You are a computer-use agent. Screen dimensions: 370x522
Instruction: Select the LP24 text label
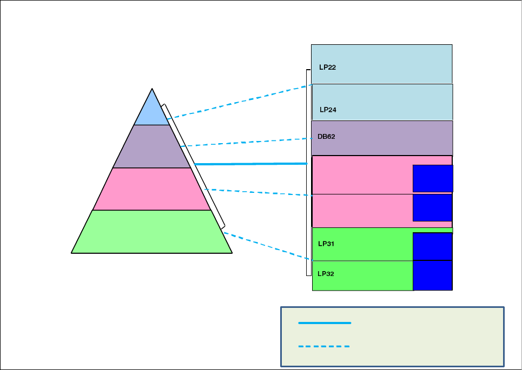pyautogui.click(x=328, y=110)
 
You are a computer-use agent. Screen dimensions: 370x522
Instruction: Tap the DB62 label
pyautogui.click(x=326, y=137)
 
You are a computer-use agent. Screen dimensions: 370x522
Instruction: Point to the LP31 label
pyautogui.click(x=327, y=244)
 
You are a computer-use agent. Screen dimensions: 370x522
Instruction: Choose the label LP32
pyautogui.click(x=327, y=274)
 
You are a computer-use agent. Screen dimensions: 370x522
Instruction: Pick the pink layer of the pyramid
pyautogui.click(x=151, y=189)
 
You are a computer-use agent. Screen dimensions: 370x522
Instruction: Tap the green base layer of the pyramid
pyautogui.click(x=151, y=232)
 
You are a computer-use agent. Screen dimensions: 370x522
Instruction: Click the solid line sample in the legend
pyautogui.click(x=325, y=323)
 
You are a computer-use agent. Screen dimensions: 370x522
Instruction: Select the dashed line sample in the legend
pyautogui.click(x=325, y=346)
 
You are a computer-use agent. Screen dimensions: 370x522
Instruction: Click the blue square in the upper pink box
pyautogui.click(x=433, y=178)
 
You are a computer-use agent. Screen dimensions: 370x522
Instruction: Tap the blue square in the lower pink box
pyautogui.click(x=432, y=207)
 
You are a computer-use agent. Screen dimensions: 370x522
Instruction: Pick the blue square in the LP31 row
pyautogui.click(x=432, y=246)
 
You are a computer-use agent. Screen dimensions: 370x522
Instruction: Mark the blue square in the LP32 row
pyautogui.click(x=432, y=275)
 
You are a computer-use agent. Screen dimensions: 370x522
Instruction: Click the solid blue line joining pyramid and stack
pyautogui.click(x=252, y=163)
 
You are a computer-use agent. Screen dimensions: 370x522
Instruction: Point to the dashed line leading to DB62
pyautogui.click(x=246, y=142)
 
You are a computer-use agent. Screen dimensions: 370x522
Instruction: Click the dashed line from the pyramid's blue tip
pyautogui.click(x=238, y=101)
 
